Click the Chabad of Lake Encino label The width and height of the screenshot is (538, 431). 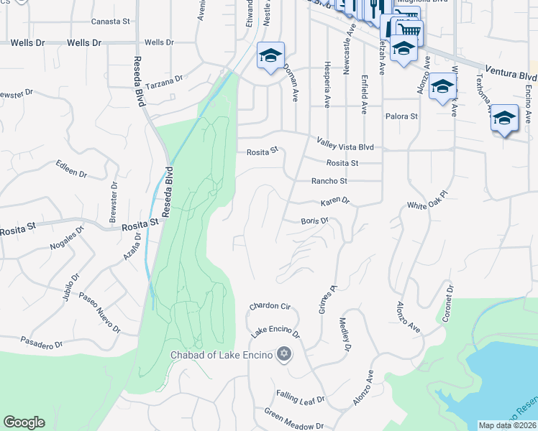(x=221, y=355)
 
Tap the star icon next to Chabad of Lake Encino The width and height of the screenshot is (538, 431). (x=284, y=354)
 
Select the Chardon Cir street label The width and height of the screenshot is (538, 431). (x=269, y=307)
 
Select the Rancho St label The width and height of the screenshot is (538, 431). (x=329, y=181)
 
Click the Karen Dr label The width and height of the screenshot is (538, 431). (x=334, y=201)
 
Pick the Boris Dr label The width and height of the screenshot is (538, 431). (x=314, y=221)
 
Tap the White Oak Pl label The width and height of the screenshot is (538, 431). (x=427, y=200)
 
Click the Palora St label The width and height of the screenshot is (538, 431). (x=401, y=116)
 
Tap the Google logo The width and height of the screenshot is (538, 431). (x=24, y=422)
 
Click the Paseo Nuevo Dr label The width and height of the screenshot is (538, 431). (x=99, y=312)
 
